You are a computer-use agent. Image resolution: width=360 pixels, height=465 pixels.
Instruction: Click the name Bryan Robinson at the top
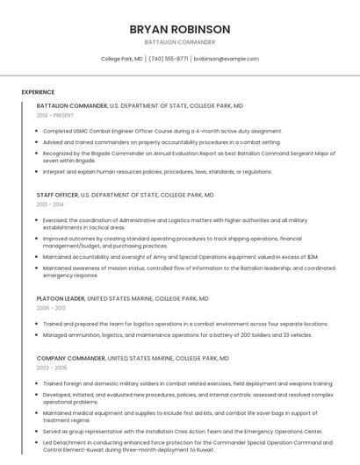179,29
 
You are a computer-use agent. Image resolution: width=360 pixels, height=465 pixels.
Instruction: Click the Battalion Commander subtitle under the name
179,42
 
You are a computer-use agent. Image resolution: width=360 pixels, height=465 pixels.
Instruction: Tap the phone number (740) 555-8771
169,59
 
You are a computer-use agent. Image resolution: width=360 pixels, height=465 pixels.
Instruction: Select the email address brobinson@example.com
227,59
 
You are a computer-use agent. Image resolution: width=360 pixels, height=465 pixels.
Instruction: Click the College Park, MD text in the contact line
122,59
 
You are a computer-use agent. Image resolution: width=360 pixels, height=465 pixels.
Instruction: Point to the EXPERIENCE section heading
38,92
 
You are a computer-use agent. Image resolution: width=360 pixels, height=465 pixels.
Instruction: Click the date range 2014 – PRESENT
55,115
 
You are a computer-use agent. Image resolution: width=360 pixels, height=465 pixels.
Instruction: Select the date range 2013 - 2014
51,204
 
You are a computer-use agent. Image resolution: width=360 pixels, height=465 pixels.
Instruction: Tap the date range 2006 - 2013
52,308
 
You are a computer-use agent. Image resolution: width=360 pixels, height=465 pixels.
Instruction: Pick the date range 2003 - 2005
52,368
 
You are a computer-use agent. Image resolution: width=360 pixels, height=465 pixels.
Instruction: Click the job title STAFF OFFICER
57,195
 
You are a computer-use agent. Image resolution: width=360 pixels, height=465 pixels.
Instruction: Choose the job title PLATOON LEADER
61,298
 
